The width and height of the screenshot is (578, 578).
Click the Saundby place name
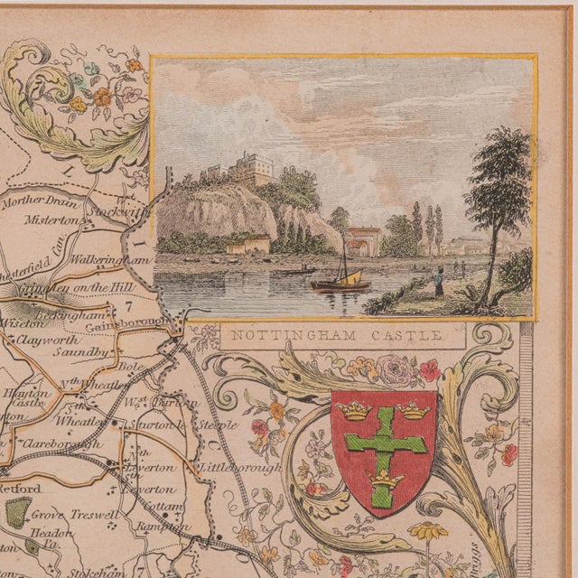coord(86,351)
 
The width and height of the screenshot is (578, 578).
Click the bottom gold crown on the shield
coord(384,481)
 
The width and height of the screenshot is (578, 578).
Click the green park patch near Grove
coord(17,511)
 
